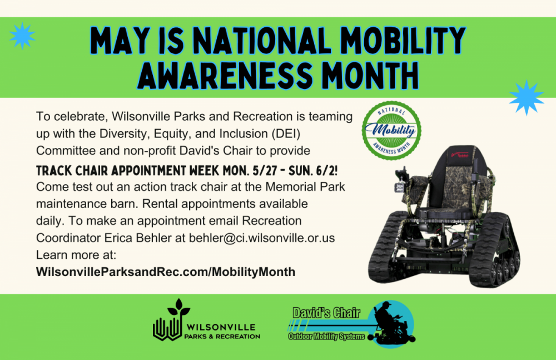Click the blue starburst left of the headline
pos(22,36)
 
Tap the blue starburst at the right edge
pos(527,97)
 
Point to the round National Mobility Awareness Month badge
pos(391,130)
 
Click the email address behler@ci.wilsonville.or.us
pos(262,238)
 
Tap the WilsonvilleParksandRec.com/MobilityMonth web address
pos(166,272)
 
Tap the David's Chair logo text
pos(326,313)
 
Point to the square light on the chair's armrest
pos(400,187)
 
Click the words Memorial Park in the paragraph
pos(305,187)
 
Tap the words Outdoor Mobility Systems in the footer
pos(326,336)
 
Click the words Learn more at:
pos(76,255)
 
